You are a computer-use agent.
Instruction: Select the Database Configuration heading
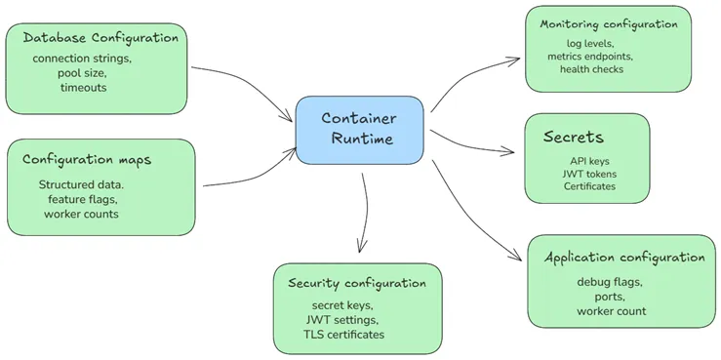click(x=100, y=38)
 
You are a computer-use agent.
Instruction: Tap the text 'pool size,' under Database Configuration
click(x=82, y=73)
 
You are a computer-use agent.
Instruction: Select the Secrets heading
click(x=574, y=138)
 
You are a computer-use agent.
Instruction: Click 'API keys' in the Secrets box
click(x=589, y=161)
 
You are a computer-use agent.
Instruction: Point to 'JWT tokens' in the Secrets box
click(x=589, y=174)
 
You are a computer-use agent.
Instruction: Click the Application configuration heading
click(x=623, y=258)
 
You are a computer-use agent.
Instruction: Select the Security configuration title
click(x=357, y=283)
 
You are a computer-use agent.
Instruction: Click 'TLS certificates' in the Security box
click(x=343, y=335)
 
